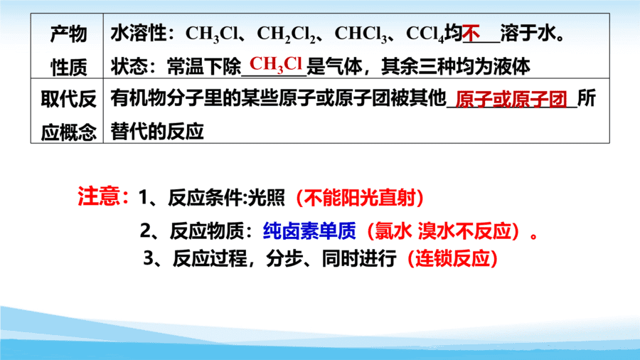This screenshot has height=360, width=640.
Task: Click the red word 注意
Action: (100, 196)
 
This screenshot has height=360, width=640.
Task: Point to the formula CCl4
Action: (425, 34)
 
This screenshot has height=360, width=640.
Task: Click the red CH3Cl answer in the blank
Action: (276, 65)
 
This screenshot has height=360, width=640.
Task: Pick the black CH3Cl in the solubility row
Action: (211, 34)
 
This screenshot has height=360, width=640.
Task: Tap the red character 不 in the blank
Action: (471, 33)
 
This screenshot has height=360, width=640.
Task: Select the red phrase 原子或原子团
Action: (511, 99)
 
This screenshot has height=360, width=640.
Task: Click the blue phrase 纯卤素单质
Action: (309, 231)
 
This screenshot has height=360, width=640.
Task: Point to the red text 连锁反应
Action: (452, 258)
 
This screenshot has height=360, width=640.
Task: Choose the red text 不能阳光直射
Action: (360, 198)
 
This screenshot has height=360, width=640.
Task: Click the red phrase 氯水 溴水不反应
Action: (443, 231)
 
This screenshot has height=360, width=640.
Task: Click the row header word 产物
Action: (68, 33)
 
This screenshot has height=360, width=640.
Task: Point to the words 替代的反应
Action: (157, 132)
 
